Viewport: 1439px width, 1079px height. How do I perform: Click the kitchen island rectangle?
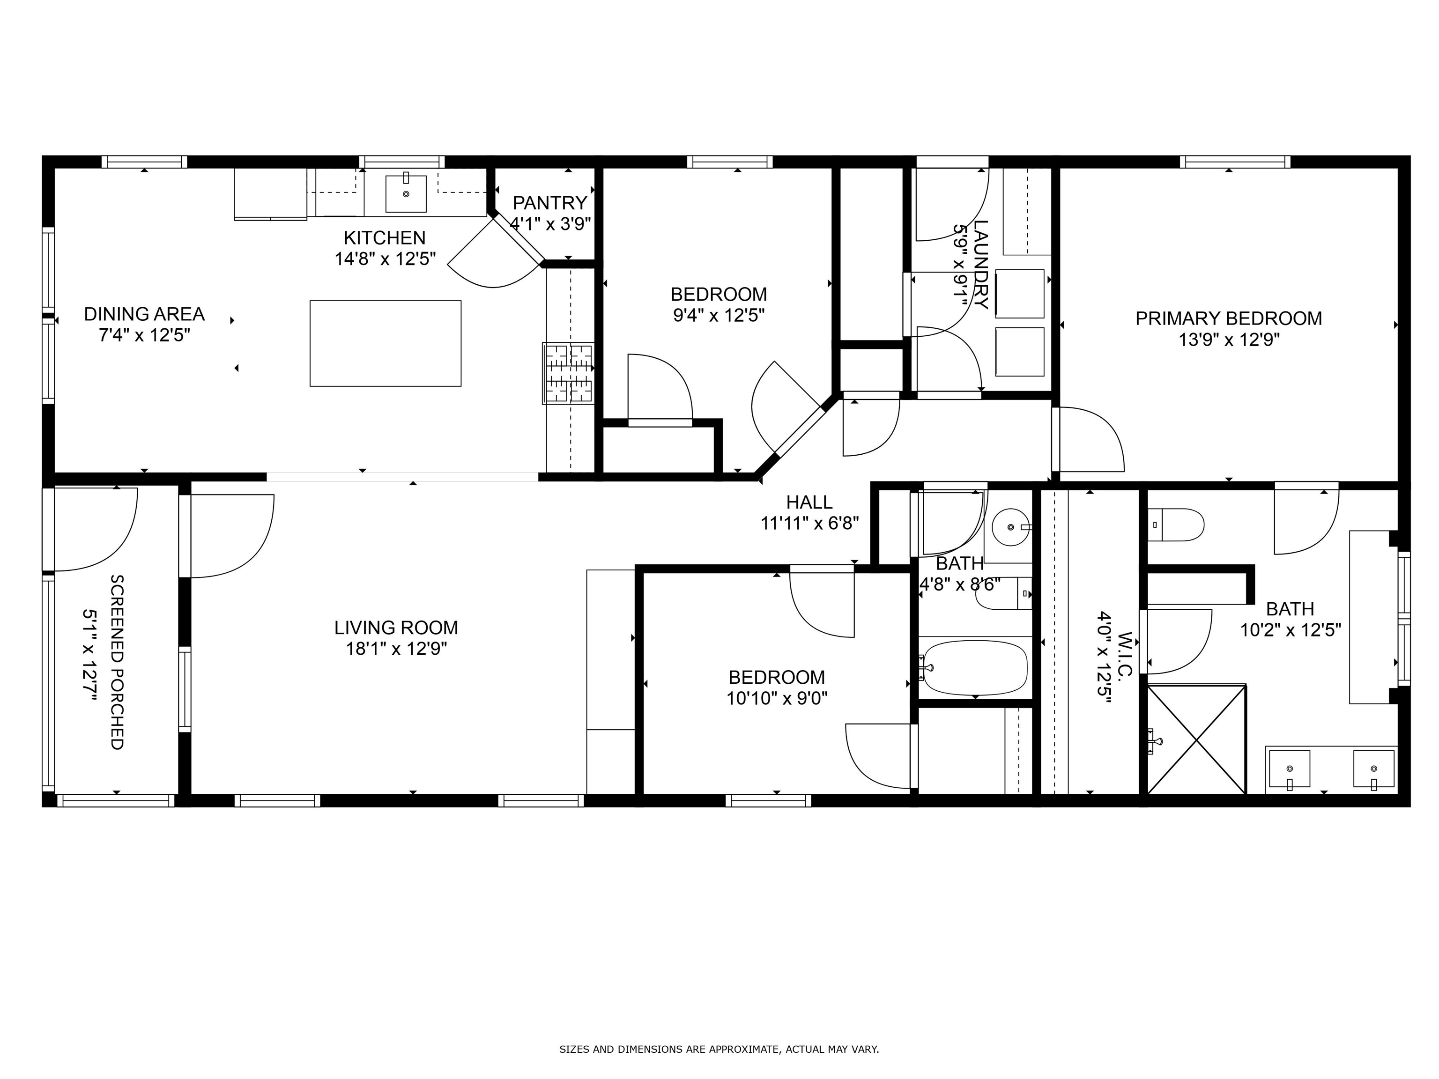385,343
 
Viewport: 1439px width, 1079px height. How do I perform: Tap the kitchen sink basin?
406,194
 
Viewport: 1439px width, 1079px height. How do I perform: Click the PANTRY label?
550,203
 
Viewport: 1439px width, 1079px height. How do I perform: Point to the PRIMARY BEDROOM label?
1228,318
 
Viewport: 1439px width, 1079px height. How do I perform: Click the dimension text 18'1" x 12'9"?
396,649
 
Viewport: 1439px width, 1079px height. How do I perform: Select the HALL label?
809,502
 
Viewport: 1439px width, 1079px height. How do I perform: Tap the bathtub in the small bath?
974,667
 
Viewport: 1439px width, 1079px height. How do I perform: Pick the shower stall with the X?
1196,739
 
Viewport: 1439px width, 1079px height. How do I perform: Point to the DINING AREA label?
144,314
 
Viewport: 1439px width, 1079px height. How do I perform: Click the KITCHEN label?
385,237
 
